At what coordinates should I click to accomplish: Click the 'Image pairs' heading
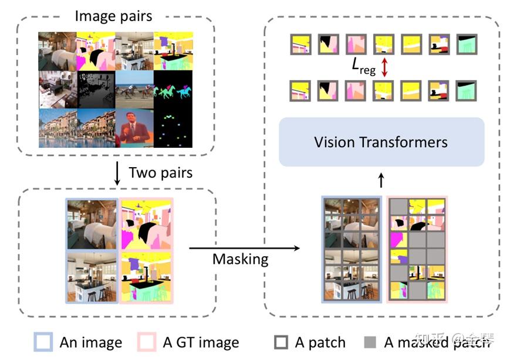(113, 15)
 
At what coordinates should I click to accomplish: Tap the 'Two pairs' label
(160, 172)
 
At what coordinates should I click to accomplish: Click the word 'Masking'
(241, 259)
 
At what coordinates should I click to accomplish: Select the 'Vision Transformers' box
(381, 142)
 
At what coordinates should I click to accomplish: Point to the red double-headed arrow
(385, 67)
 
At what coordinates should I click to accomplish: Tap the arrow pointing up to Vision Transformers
(381, 179)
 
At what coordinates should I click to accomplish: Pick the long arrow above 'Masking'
(244, 248)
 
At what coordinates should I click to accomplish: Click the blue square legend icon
(45, 342)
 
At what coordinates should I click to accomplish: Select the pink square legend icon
(147, 342)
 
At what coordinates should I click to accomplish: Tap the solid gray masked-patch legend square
(370, 342)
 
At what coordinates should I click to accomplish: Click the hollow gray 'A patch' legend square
(282, 342)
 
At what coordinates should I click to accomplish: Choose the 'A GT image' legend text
(201, 342)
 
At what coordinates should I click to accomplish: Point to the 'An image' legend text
(90, 342)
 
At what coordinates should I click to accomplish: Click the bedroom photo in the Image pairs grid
(58, 51)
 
